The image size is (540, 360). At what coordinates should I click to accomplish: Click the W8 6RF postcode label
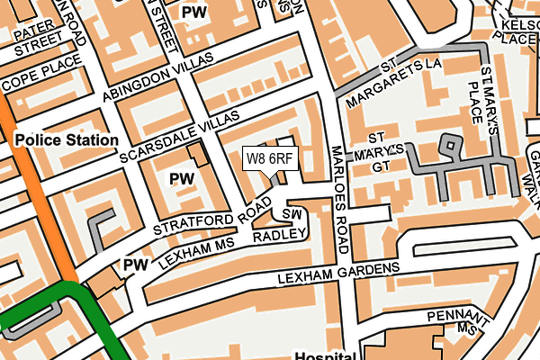coord(270,158)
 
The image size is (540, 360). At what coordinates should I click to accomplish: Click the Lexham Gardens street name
coord(338,273)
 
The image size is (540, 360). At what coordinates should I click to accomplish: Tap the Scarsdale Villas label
coord(181,139)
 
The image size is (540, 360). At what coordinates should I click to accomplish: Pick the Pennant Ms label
coord(460,323)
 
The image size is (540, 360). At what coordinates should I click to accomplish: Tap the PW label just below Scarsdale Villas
coord(182,179)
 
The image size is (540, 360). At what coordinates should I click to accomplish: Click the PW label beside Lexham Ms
coord(135,265)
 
